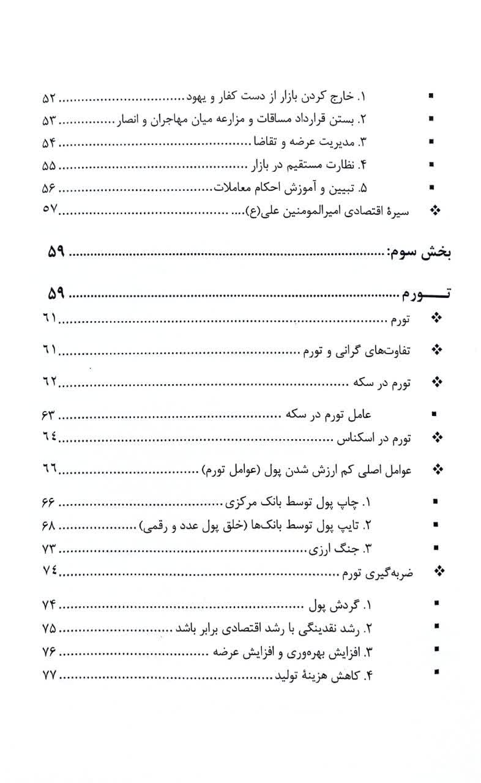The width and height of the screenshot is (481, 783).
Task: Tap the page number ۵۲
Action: tap(49, 97)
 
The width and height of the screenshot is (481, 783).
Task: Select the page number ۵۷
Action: tap(49, 210)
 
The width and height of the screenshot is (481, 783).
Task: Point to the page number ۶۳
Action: tap(49, 415)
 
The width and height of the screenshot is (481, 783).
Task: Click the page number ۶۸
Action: tap(49, 524)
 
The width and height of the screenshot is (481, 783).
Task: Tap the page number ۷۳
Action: tap(49, 547)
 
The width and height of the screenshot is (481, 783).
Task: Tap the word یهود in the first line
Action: tap(198, 97)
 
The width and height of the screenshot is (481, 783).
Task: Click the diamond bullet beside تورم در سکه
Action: tap(436, 382)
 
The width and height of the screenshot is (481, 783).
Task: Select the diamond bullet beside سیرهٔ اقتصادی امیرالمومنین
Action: tap(435, 210)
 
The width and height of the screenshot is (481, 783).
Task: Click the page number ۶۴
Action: tap(49, 438)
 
